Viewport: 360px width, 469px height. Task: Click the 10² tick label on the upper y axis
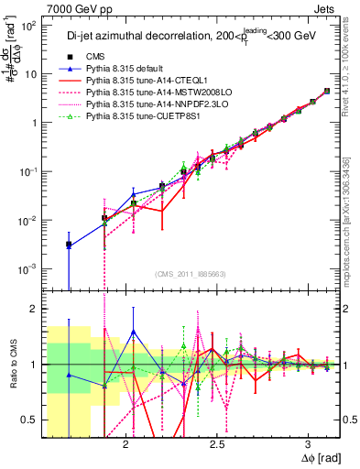click(27, 25)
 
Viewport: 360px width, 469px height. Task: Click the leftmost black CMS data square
click(69, 245)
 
